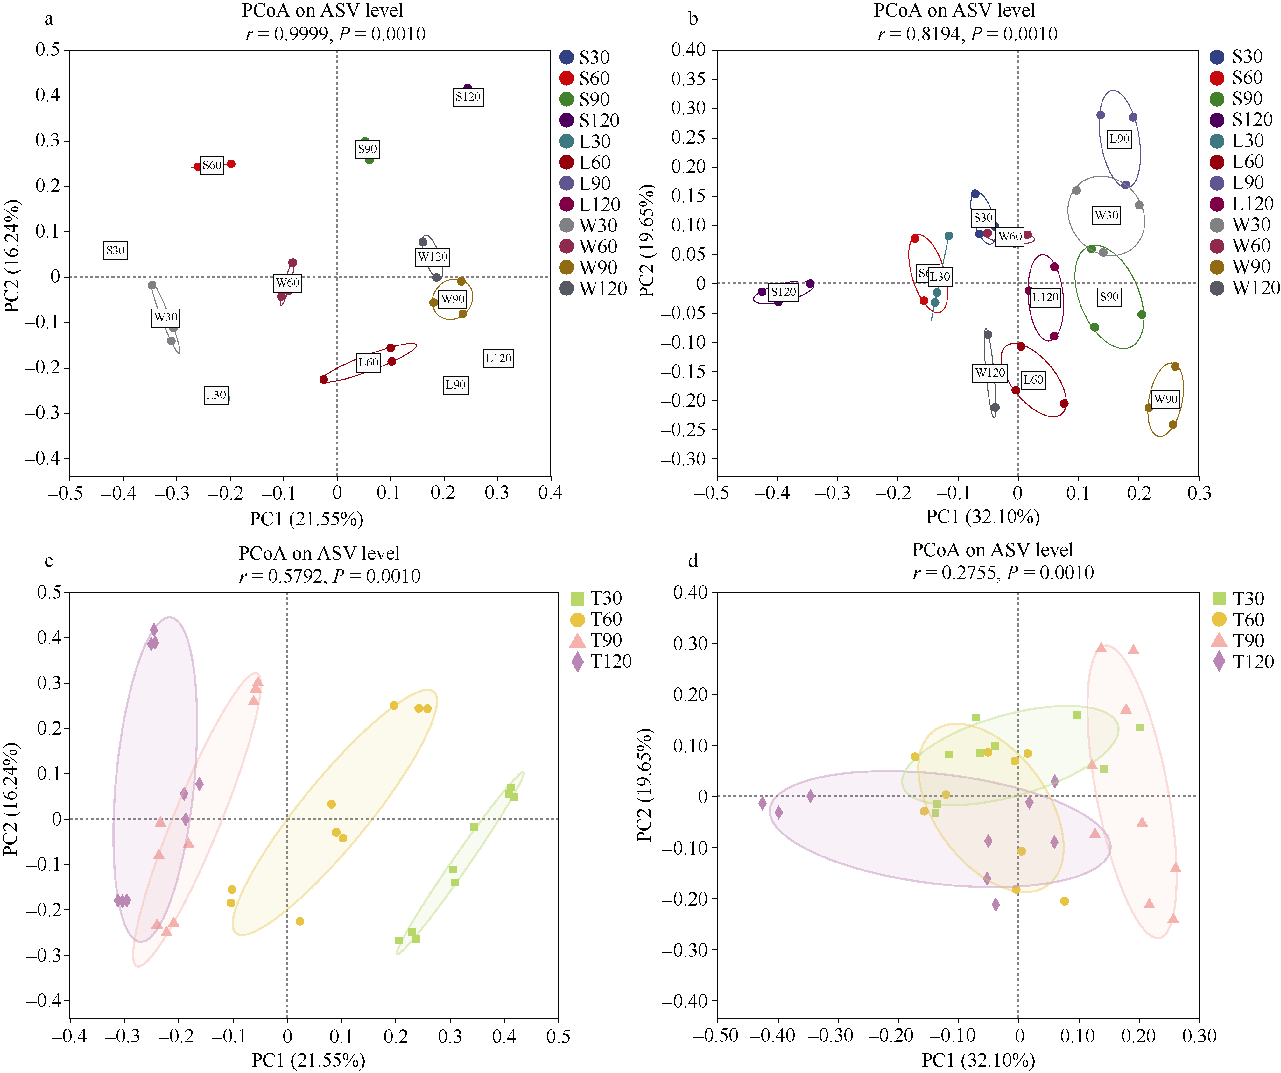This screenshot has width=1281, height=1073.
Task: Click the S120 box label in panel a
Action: (x=468, y=96)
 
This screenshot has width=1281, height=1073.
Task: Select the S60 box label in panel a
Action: (x=212, y=165)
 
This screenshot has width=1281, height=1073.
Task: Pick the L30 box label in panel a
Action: (x=216, y=395)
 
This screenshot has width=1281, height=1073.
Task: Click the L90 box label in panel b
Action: (x=1119, y=139)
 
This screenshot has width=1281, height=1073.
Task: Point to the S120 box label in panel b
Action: (x=783, y=292)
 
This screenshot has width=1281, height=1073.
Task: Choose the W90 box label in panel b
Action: (x=1166, y=399)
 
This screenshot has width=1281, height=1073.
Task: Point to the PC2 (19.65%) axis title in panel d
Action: (x=645, y=785)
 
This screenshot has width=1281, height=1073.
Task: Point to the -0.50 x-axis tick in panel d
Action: (x=717, y=1036)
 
